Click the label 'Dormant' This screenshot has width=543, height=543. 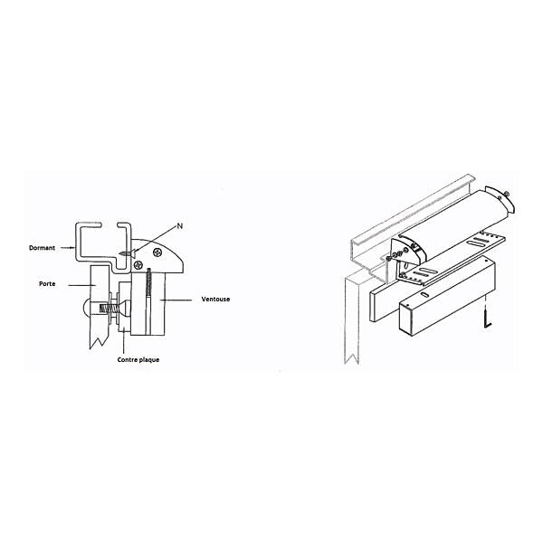[42, 246]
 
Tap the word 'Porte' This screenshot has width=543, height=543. [48, 283]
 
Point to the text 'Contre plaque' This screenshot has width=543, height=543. [138, 359]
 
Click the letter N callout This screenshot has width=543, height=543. [179, 224]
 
